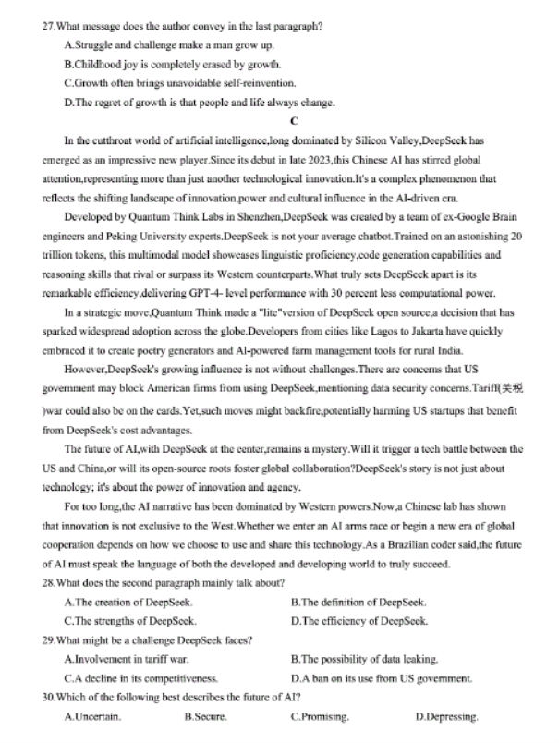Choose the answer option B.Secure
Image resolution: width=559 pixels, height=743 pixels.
click(207, 716)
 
